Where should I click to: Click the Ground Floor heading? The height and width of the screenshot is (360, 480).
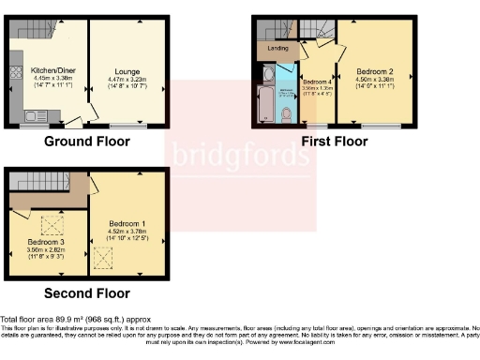click(87, 142)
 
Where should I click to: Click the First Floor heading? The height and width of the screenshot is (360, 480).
click(335, 142)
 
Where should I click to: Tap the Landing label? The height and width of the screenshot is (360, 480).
click(277, 47)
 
